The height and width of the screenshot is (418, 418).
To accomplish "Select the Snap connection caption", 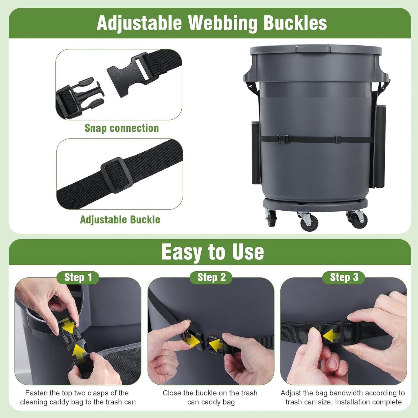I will click(x=121, y=128).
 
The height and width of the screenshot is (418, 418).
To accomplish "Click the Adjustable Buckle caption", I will click(x=120, y=220).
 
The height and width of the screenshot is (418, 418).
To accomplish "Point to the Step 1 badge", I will click(x=78, y=277).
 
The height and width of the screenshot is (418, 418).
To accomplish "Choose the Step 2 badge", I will click(x=211, y=277).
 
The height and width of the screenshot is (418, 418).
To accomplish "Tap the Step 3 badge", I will click(x=344, y=277).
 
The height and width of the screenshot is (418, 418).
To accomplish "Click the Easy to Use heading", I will click(x=213, y=252).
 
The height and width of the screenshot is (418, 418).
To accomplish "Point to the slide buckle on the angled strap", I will click(x=117, y=175).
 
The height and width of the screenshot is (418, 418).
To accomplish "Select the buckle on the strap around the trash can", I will click(x=282, y=139).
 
